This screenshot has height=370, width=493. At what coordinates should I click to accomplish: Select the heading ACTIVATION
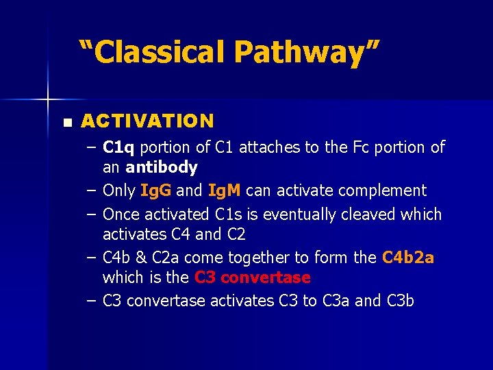pos(147,121)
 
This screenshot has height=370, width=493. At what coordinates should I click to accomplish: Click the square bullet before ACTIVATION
pos(66,123)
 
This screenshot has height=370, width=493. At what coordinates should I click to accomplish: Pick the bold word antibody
pos(161,167)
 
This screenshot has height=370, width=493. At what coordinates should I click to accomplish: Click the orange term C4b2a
pos(408,258)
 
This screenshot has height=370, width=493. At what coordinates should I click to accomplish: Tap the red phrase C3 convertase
pos(252,277)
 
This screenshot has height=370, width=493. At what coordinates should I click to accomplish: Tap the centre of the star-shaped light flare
pos(47,100)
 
